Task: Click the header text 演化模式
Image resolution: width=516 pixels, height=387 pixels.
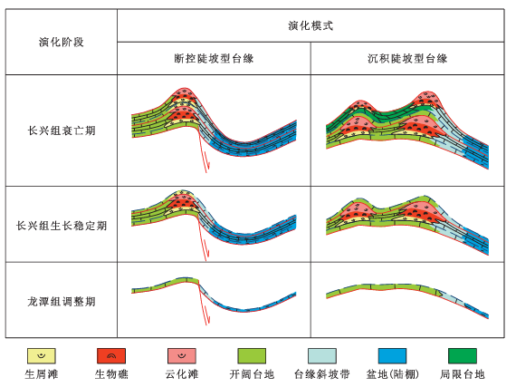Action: pyautogui.click(x=311, y=25)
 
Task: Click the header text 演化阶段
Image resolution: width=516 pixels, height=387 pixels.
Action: pyautogui.click(x=62, y=43)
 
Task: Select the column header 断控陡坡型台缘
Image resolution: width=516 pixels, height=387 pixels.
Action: pyautogui.click(x=214, y=58)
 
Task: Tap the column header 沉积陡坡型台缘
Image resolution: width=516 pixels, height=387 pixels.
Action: pyautogui.click(x=407, y=58)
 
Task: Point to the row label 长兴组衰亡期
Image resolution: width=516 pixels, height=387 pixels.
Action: pyautogui.click(x=62, y=131)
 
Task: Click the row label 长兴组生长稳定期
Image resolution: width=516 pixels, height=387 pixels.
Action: pyautogui.click(x=62, y=226)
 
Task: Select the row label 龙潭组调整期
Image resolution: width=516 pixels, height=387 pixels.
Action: pyautogui.click(x=62, y=302)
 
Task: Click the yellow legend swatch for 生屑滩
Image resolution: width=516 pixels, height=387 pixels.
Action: pyautogui.click(x=42, y=356)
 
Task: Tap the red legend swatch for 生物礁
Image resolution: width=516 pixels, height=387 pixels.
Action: pyautogui.click(x=111, y=356)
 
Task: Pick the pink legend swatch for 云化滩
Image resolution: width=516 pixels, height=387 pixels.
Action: pyautogui.click(x=182, y=356)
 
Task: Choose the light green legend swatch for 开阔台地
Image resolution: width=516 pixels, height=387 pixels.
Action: pyautogui.click(x=252, y=356)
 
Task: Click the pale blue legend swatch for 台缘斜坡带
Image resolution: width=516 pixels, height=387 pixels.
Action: pyautogui.click(x=322, y=356)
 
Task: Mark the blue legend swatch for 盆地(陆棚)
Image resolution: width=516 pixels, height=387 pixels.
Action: pyautogui.click(x=392, y=356)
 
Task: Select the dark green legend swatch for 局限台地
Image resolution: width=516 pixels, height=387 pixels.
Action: pyautogui.click(x=463, y=356)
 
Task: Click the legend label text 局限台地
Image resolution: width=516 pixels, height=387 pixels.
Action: pyautogui.click(x=463, y=374)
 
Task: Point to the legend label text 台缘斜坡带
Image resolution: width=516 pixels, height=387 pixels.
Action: pyautogui.click(x=322, y=374)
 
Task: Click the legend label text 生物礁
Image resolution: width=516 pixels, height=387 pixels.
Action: pyautogui.click(x=111, y=374)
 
